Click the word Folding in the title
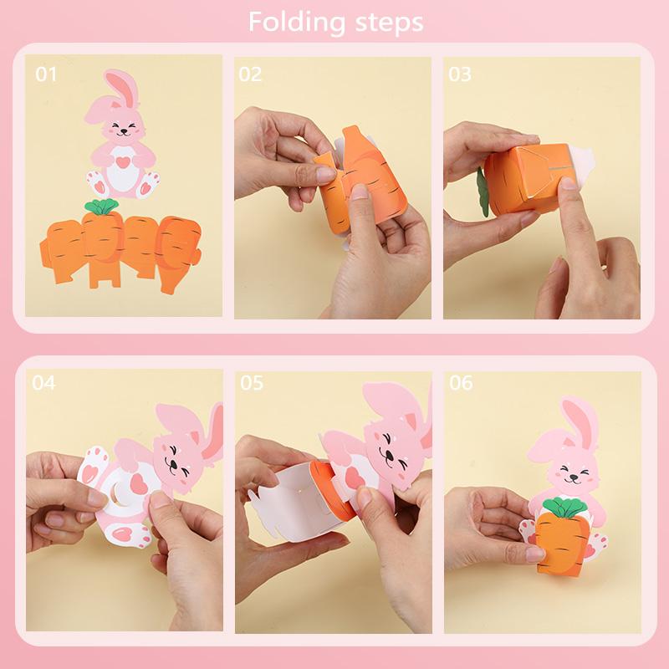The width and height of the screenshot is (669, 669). (293, 22)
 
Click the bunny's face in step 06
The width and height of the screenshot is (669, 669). (575, 471)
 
